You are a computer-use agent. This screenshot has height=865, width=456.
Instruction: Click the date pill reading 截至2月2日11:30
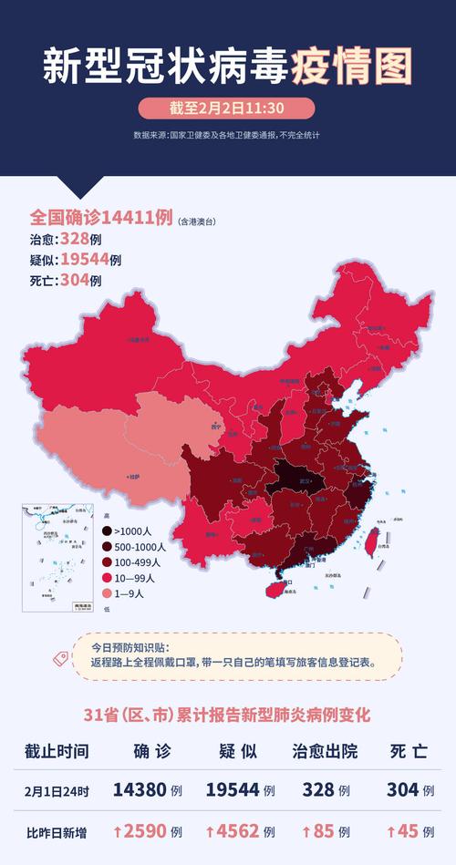click(x=227, y=108)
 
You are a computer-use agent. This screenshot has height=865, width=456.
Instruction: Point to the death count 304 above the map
click(x=74, y=280)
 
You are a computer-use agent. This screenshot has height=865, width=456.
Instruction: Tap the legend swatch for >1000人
click(x=107, y=531)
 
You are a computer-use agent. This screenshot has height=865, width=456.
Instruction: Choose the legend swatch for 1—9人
click(x=107, y=592)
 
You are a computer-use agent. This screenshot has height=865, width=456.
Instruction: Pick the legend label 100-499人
click(x=137, y=562)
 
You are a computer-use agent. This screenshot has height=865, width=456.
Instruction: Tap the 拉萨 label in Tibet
click(x=134, y=476)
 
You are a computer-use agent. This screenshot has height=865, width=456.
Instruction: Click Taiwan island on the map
click(x=372, y=541)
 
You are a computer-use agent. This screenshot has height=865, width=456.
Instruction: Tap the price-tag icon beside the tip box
click(x=63, y=656)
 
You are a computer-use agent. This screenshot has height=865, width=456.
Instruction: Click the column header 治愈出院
click(x=323, y=751)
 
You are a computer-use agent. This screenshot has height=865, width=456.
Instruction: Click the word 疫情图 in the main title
click(x=352, y=66)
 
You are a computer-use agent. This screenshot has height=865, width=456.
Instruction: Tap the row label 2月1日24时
click(x=57, y=790)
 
